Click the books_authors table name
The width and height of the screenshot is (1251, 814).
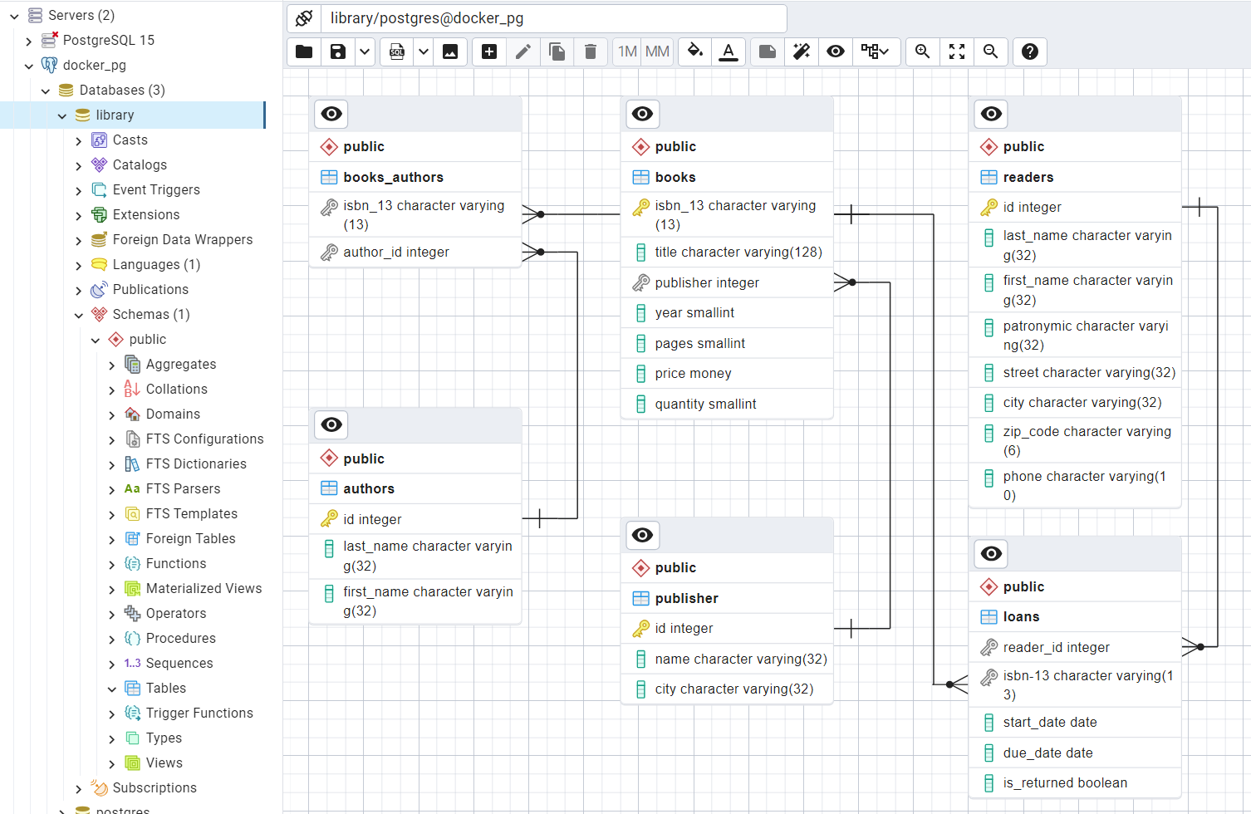393,177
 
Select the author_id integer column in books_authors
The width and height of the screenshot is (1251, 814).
396,252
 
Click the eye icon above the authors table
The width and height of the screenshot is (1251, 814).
331,424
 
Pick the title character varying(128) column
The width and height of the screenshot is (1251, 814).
738,252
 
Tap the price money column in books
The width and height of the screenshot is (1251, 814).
693,374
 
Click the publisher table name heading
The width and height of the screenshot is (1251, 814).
686,598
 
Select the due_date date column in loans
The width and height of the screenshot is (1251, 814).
1047,753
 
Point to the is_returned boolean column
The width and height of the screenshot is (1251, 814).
1065,782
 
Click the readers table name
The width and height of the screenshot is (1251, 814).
1028,177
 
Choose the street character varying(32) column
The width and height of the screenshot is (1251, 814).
1089,372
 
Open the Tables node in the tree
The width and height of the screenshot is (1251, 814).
165,688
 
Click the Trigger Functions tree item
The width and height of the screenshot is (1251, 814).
199,713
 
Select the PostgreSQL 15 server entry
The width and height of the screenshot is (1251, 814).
108,40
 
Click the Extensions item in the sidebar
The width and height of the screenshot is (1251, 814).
145,214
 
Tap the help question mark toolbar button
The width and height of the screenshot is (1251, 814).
1030,51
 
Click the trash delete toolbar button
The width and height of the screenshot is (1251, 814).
591,51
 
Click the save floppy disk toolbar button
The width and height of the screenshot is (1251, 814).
338,51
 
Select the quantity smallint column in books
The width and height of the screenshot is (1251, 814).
705,404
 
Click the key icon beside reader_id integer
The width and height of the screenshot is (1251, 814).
989,647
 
